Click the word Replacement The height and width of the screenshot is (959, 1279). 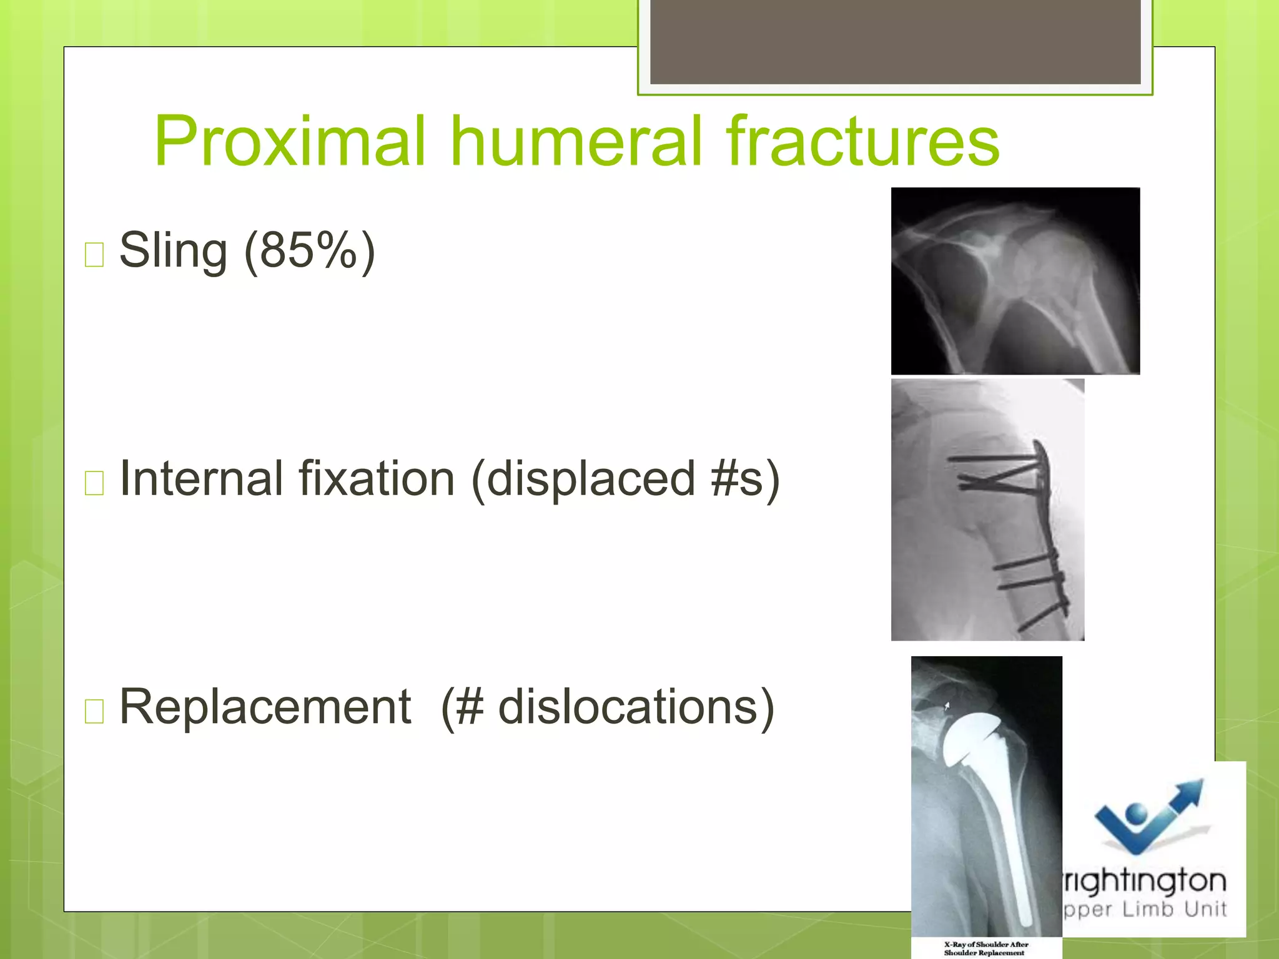click(x=265, y=707)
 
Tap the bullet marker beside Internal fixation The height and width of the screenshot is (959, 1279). click(x=94, y=483)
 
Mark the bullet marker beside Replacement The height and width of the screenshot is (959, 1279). click(x=94, y=711)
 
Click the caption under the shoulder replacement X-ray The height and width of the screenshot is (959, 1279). click(x=985, y=948)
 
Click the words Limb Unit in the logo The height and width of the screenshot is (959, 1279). click(x=1174, y=908)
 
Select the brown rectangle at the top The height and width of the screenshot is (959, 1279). click(x=895, y=41)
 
